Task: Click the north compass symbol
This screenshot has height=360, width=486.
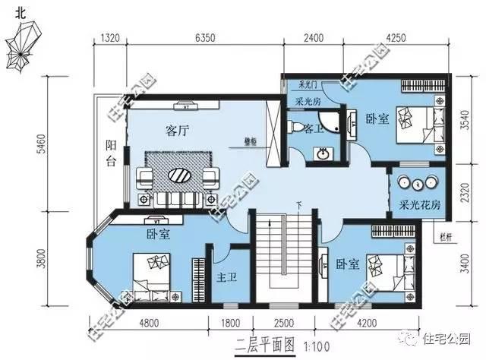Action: click(x=22, y=46)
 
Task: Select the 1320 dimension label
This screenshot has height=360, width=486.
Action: click(x=111, y=36)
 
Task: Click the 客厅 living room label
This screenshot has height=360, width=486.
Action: click(x=177, y=130)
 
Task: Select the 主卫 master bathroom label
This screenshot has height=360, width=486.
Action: click(x=227, y=277)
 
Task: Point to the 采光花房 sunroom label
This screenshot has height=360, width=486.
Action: click(x=419, y=205)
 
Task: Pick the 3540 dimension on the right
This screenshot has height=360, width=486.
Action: click(x=465, y=119)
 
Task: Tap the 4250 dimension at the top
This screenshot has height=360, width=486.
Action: click(x=399, y=36)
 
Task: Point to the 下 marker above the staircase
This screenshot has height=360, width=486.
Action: click(x=300, y=204)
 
